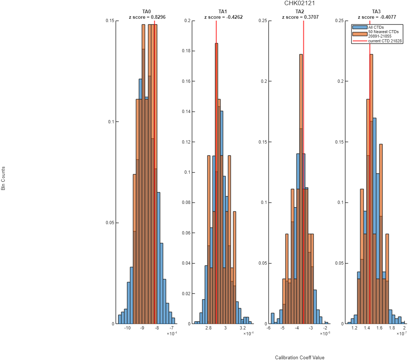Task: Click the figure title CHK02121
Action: click(299, 3)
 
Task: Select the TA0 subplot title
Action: click(147, 11)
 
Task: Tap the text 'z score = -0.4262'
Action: click(223, 17)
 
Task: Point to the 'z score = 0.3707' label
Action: click(300, 17)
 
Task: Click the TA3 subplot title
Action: click(376, 11)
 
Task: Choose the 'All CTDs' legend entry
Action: click(376, 27)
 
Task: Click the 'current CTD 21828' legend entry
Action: click(385, 41)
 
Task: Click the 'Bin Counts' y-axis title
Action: click(3, 179)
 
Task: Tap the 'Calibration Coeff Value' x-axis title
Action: click(300, 357)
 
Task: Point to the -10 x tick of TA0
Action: click(127, 328)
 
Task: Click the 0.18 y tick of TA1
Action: click(186, 51)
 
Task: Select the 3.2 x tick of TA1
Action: click(243, 328)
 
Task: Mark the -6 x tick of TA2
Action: click(268, 328)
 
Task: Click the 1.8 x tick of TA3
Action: click(392, 328)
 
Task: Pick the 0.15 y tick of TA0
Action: click(110, 21)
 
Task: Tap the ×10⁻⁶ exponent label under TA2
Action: click(325, 333)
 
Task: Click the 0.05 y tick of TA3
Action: click(340, 263)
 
